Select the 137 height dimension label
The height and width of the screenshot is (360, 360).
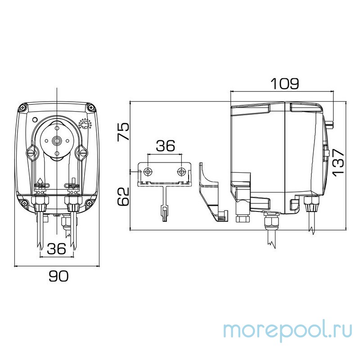click(x=338, y=161)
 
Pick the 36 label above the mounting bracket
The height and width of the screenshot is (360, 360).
click(x=165, y=146)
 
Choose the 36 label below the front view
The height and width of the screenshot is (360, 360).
click(x=56, y=248)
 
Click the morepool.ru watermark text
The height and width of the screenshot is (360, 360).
click(x=288, y=330)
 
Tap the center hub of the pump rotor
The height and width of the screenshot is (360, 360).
click(x=57, y=140)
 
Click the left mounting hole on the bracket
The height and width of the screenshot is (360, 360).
click(x=148, y=171)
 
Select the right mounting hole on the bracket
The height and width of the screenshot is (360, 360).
click(x=181, y=171)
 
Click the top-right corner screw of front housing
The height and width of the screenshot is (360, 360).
click(x=92, y=108)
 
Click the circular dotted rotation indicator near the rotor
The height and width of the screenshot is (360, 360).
click(x=85, y=123)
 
